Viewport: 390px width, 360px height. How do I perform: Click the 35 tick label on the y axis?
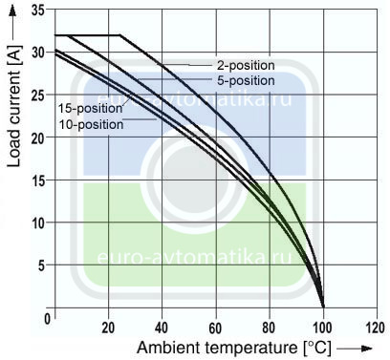click(38, 11)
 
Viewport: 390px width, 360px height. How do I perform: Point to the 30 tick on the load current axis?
click(38, 53)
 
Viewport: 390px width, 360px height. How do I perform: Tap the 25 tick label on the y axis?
click(38, 95)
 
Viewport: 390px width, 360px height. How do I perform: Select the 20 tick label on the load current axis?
click(38, 138)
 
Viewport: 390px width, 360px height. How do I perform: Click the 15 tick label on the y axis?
click(38, 180)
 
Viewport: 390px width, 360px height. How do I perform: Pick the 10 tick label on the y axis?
click(38, 223)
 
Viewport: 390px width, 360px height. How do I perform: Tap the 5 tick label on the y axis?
click(42, 265)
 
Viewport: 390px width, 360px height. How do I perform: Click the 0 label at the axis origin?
click(48, 319)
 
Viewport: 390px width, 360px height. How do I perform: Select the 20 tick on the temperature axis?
click(108, 328)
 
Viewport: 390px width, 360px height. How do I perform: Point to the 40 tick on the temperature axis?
click(162, 328)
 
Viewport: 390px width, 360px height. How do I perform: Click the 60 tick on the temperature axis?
click(216, 328)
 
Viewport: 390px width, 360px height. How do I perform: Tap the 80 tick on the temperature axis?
click(270, 328)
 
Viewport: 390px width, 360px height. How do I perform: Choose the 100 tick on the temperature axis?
click(322, 328)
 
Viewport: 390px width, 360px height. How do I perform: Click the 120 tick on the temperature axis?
click(376, 328)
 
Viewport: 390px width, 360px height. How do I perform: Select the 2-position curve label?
click(246, 65)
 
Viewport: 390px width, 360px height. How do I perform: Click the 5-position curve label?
click(246, 80)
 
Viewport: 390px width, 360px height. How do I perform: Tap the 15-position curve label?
click(90, 109)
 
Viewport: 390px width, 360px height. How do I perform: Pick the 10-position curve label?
click(91, 124)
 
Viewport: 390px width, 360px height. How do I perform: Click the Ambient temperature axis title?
click(234, 348)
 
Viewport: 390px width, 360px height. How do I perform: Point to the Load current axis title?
click(13, 106)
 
